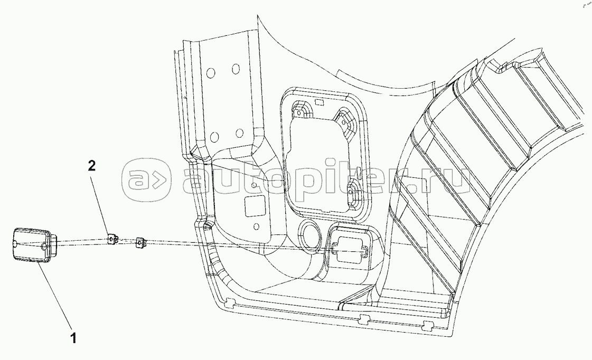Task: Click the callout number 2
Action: (x=91, y=166)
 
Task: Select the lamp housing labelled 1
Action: (x=31, y=244)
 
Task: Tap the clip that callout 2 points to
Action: (x=111, y=240)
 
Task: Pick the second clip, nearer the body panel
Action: (x=140, y=242)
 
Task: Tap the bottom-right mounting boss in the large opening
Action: (x=353, y=192)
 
